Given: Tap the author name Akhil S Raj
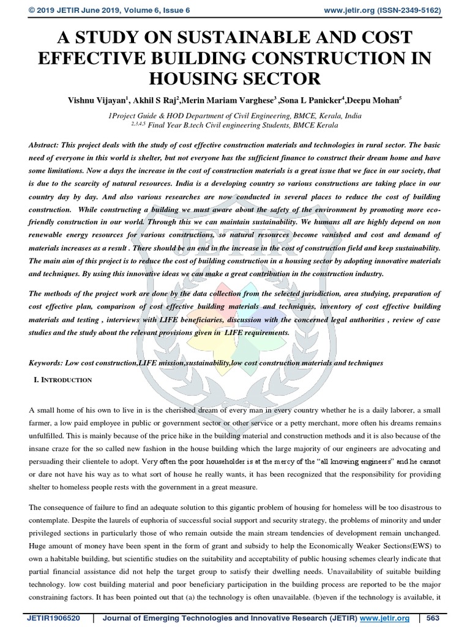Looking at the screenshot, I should [165, 100].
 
